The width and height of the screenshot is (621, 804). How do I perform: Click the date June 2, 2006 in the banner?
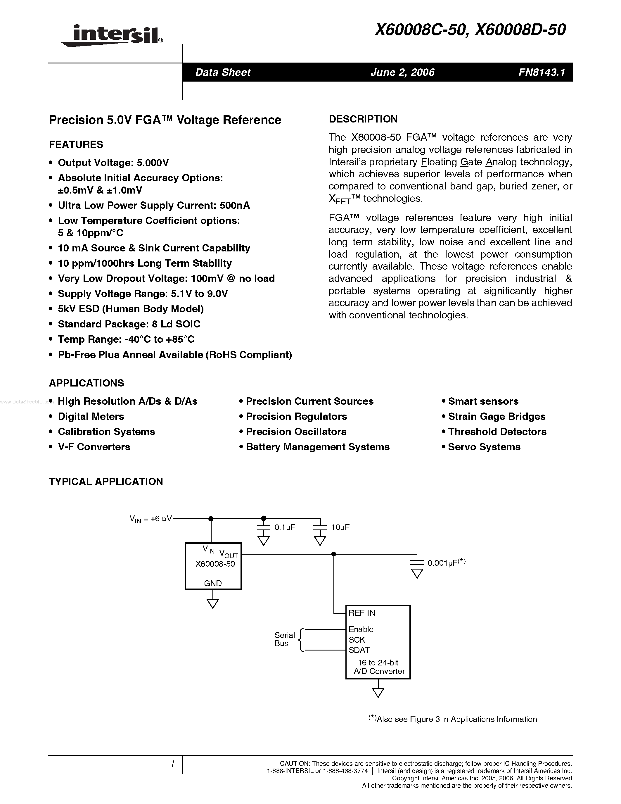tap(402, 72)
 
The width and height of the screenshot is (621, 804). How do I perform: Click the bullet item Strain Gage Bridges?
tap(496, 416)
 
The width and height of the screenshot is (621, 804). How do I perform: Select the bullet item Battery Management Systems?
tap(317, 447)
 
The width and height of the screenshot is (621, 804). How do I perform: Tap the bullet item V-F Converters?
tap(94, 447)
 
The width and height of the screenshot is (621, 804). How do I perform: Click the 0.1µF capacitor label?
tap(285, 527)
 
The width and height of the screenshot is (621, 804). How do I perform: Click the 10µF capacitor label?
tap(340, 527)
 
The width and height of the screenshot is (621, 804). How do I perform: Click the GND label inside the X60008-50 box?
tap(213, 584)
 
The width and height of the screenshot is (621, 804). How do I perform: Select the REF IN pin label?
tap(361, 613)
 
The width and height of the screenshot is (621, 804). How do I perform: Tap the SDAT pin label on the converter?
tap(359, 650)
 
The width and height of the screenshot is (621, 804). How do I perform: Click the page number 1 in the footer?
tap(172, 764)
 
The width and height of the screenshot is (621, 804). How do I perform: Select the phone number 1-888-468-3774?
tap(345, 771)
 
